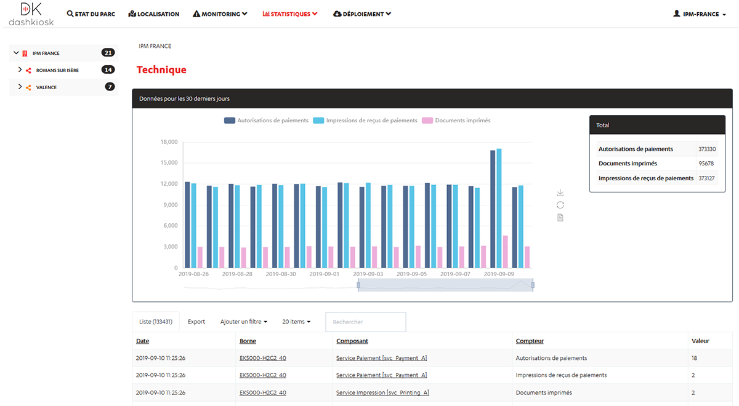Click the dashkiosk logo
pyautogui.click(x=31, y=14)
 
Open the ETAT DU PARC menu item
pyautogui.click(x=91, y=14)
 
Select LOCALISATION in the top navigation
pyautogui.click(x=154, y=14)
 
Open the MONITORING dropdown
pyautogui.click(x=220, y=14)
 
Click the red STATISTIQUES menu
pyautogui.click(x=289, y=14)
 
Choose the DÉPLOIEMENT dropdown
pyautogui.click(x=361, y=14)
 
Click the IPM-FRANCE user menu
pyautogui.click(x=700, y=14)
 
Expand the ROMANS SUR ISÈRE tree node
pyautogui.click(x=20, y=70)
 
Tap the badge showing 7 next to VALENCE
pyautogui.click(x=110, y=87)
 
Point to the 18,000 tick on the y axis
pyautogui.click(x=169, y=142)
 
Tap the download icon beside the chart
pyautogui.click(x=560, y=193)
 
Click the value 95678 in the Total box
pyautogui.click(x=706, y=164)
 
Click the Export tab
pyautogui.click(x=196, y=322)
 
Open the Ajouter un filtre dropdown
pyautogui.click(x=244, y=322)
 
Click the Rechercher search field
pyautogui.click(x=365, y=322)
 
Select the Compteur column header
pyautogui.click(x=530, y=341)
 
